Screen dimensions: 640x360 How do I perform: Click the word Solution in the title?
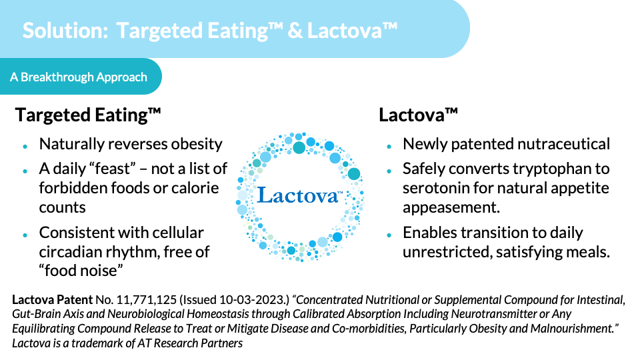pos(65,31)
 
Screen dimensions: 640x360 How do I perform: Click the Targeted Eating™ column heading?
pos(88,115)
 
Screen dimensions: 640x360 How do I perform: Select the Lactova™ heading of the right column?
pos(419,115)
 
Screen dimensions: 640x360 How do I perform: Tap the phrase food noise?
pos(81,271)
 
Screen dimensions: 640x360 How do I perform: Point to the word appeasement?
pos(451,208)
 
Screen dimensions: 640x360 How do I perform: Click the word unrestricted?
pos(447,252)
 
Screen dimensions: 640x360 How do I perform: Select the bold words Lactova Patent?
pos(52,300)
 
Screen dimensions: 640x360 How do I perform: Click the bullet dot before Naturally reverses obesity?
pos(25,146)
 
